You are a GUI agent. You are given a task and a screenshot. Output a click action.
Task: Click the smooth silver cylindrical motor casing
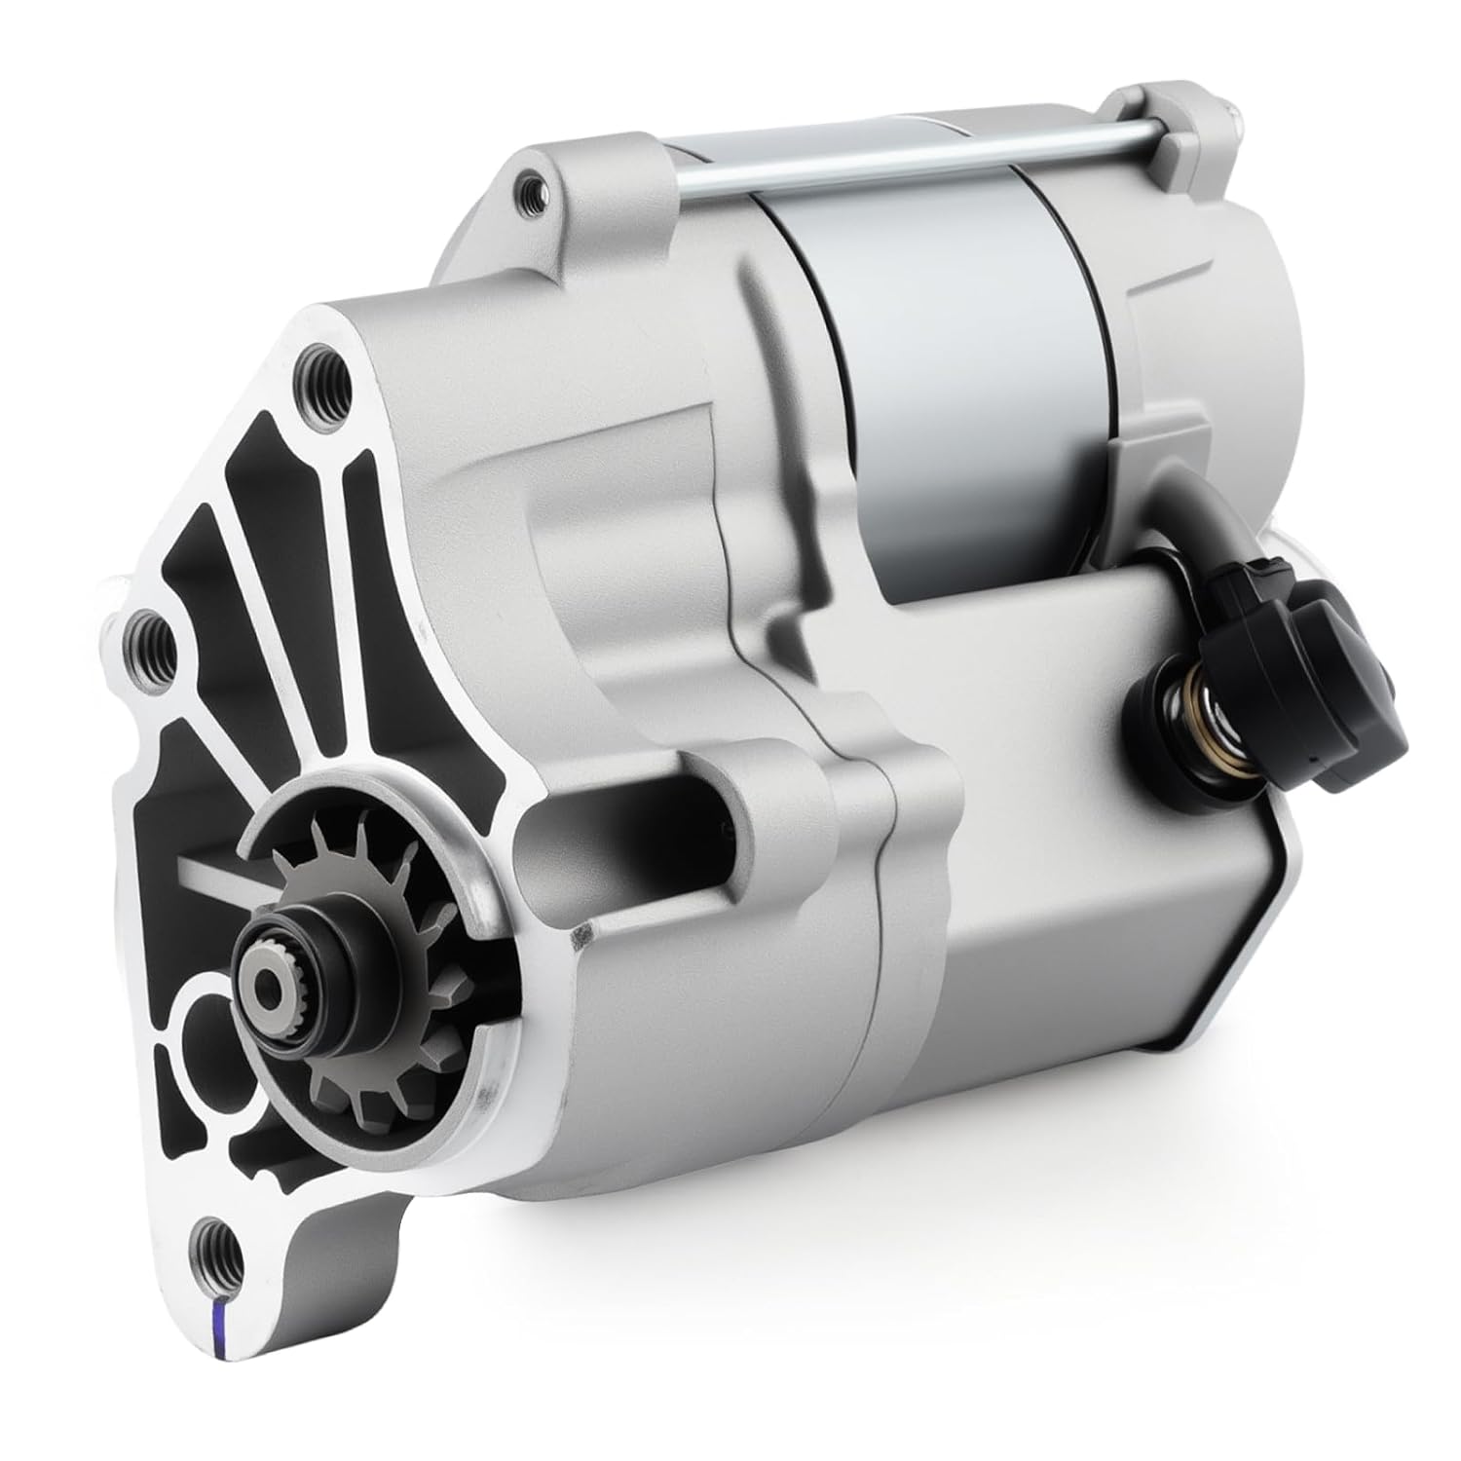click(x=935, y=390)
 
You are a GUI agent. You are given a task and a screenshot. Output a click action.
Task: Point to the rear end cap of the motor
click(x=1198, y=292)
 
